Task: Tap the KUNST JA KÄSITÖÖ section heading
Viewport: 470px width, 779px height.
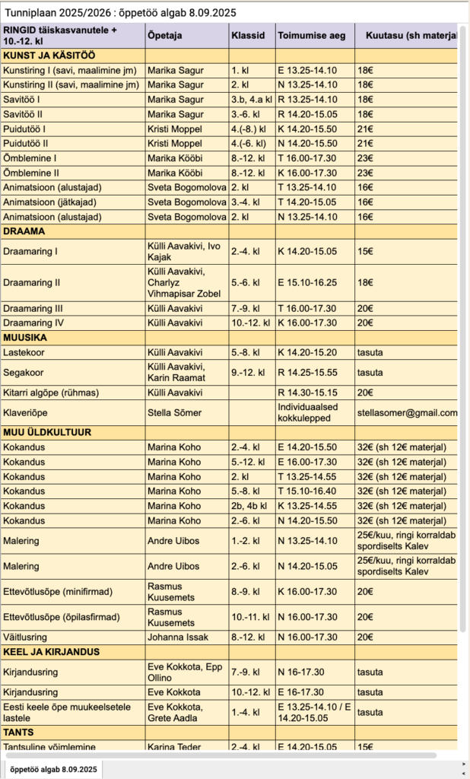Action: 49,56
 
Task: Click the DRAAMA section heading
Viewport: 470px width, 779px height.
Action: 24,231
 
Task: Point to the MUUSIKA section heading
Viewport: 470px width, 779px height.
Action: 25,337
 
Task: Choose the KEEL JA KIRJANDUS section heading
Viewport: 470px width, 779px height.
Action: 52,652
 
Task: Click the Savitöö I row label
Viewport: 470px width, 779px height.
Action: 21,100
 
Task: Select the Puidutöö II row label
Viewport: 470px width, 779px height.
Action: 26,143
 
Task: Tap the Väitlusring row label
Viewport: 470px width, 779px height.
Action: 25,637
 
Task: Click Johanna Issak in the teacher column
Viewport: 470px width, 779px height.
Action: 177,637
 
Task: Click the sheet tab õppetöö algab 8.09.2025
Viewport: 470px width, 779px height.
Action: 52,769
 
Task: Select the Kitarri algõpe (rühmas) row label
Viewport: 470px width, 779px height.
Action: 51,393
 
